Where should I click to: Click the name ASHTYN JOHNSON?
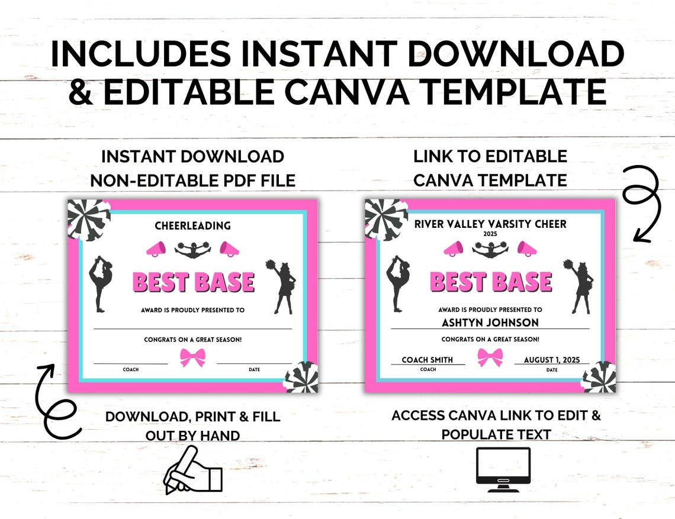(x=490, y=323)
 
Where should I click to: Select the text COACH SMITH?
(x=427, y=359)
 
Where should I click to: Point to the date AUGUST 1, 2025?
(x=552, y=359)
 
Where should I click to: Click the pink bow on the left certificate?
(x=192, y=357)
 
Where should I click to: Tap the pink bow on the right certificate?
(x=490, y=357)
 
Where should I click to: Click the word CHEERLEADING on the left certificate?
(x=192, y=225)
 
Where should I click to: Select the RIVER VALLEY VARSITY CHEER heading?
(x=490, y=224)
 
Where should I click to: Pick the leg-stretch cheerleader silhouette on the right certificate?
(x=396, y=282)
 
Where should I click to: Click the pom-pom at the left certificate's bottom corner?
(x=302, y=377)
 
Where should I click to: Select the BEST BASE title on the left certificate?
(x=193, y=282)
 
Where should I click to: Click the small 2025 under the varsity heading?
(x=490, y=234)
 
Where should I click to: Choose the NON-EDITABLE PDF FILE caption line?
(x=192, y=180)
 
